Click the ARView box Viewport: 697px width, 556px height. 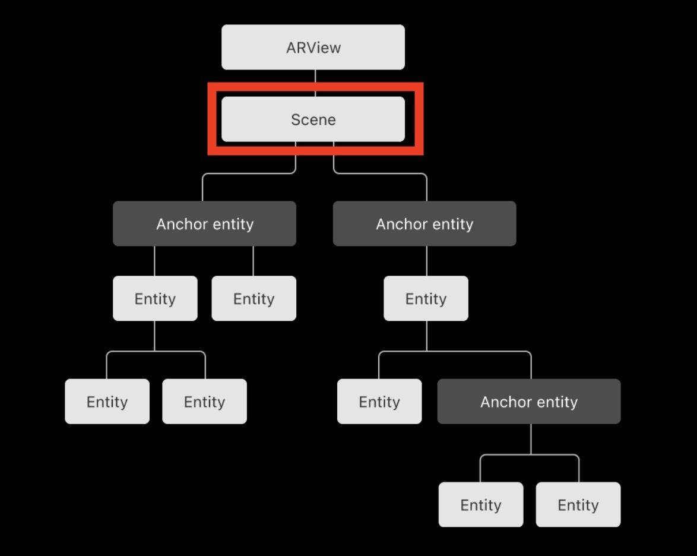(x=313, y=47)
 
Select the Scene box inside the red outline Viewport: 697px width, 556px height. (x=313, y=119)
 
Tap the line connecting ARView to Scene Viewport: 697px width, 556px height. (x=315, y=83)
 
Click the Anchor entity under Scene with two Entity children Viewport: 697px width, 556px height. (x=204, y=224)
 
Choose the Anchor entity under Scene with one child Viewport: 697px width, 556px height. (x=424, y=224)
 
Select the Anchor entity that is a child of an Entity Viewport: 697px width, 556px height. (x=529, y=402)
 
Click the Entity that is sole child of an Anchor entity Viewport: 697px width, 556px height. (x=426, y=298)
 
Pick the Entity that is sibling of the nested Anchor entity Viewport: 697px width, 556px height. (x=379, y=402)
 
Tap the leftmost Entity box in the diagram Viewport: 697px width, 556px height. (x=107, y=402)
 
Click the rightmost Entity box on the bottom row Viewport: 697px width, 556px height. (x=578, y=505)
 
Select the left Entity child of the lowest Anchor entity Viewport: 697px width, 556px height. (x=481, y=505)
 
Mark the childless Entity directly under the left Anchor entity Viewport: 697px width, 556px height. (x=254, y=298)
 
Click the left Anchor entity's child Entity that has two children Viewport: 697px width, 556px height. (x=155, y=298)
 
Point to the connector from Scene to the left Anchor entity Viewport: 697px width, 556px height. (x=249, y=173)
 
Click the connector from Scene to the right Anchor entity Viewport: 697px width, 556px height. (x=380, y=173)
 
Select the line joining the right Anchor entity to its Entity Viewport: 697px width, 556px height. (x=427, y=261)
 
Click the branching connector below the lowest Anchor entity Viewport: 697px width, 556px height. (x=531, y=454)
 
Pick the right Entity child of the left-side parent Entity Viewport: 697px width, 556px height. (x=204, y=402)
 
